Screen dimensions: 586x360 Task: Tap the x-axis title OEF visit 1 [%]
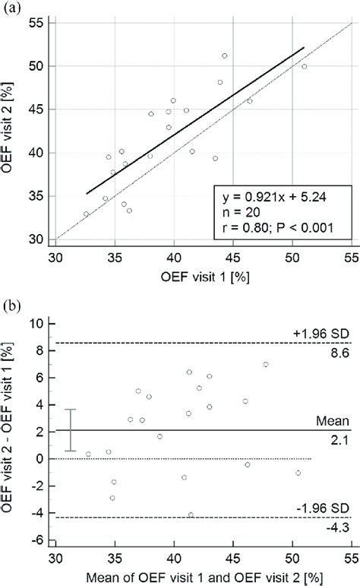(199, 277)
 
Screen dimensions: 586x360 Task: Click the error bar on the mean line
(70, 430)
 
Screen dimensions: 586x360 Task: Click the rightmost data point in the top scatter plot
(305, 66)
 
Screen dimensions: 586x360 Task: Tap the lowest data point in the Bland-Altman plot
(191, 515)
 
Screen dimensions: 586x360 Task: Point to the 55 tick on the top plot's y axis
(35, 23)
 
